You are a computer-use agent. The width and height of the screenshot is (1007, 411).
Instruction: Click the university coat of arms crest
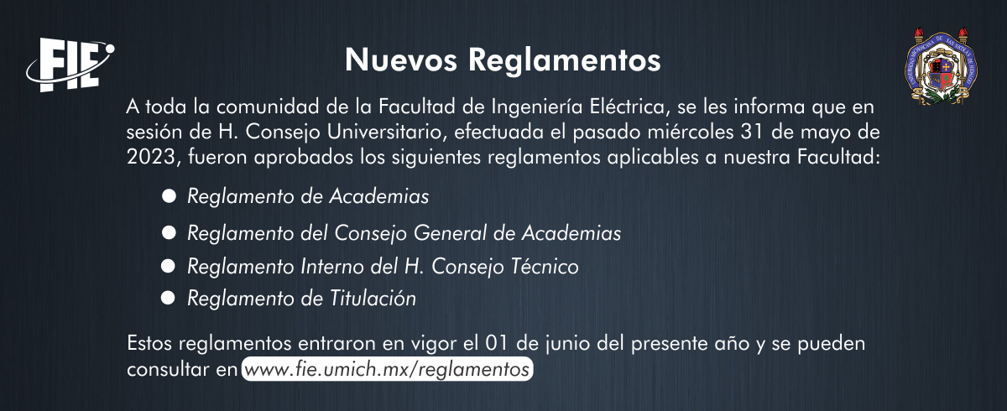[x=941, y=67]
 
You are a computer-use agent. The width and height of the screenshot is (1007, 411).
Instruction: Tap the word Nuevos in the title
[x=401, y=60]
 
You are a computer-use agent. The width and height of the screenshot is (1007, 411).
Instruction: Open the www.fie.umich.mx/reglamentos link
[x=387, y=369]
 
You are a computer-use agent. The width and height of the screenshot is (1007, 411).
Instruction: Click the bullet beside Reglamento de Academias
[x=169, y=195]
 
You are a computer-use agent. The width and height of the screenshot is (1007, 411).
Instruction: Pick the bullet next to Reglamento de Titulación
[x=168, y=299]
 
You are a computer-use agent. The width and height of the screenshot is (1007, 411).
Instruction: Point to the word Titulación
[x=373, y=299]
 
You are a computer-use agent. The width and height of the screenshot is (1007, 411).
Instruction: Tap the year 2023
[x=151, y=157]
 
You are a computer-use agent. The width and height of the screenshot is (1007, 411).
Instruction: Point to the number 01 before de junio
[x=497, y=343]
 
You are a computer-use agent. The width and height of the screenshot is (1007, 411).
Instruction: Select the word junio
[x=567, y=344]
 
